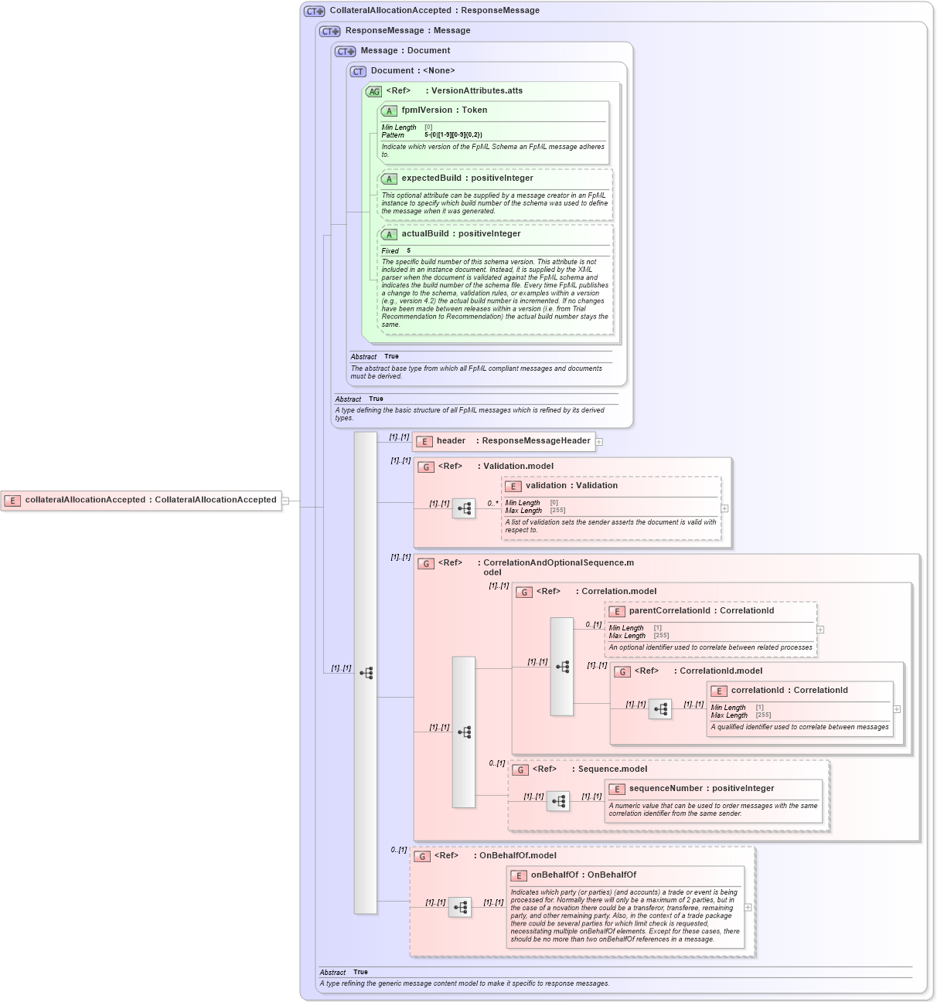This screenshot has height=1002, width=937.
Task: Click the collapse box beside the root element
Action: (x=285, y=501)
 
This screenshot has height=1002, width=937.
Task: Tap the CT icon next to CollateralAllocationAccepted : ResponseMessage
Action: (x=315, y=11)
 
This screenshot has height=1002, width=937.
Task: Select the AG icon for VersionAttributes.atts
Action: (x=374, y=91)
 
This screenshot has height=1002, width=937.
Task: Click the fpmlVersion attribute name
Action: (x=427, y=110)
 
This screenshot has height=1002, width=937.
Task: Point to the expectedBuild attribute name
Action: (x=431, y=178)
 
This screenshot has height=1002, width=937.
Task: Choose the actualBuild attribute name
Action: (x=425, y=234)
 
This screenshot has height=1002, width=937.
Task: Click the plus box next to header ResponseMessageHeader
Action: (x=599, y=442)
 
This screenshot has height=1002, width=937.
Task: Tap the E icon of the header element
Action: (x=424, y=441)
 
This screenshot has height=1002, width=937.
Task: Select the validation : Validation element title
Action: (x=571, y=486)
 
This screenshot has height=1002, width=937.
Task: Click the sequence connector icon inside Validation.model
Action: (x=464, y=508)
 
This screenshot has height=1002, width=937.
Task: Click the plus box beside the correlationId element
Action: (x=897, y=709)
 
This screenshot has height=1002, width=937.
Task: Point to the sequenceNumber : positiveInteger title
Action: (x=701, y=789)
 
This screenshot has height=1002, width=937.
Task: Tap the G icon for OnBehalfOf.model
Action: (x=422, y=856)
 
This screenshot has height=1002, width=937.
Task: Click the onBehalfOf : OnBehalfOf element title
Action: (x=583, y=875)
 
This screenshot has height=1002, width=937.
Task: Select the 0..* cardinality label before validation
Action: (x=493, y=504)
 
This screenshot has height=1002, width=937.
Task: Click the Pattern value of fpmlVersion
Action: (x=453, y=135)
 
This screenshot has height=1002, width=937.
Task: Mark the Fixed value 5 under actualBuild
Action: (x=409, y=251)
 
